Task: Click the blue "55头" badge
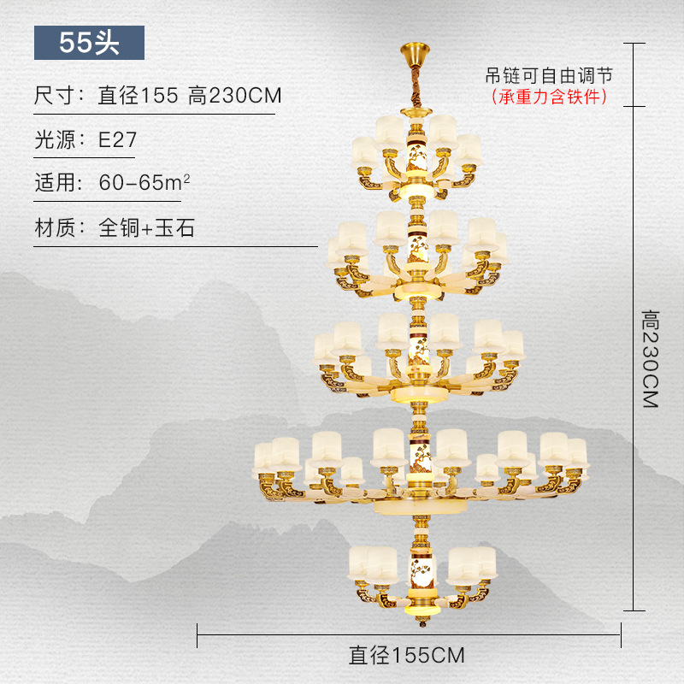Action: (89, 43)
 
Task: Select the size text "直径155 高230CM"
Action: (190, 95)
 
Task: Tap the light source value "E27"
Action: (117, 139)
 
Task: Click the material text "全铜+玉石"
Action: (147, 228)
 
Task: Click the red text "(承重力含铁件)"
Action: (549, 97)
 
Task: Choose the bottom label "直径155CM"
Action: (407, 655)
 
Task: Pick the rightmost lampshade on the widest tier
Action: (577, 453)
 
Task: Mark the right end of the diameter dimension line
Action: (622, 634)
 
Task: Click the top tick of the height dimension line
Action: (633, 42)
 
